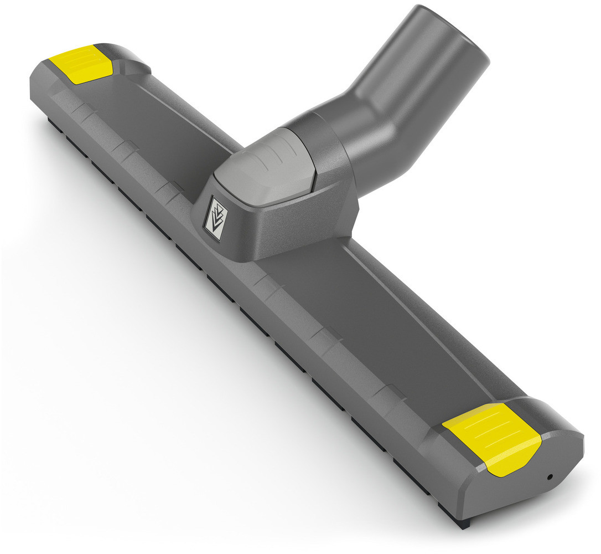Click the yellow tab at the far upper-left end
point(81,64)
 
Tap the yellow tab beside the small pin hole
point(490,438)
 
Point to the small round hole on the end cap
point(550,477)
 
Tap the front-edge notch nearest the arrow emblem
point(166,191)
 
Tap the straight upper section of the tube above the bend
point(432,61)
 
